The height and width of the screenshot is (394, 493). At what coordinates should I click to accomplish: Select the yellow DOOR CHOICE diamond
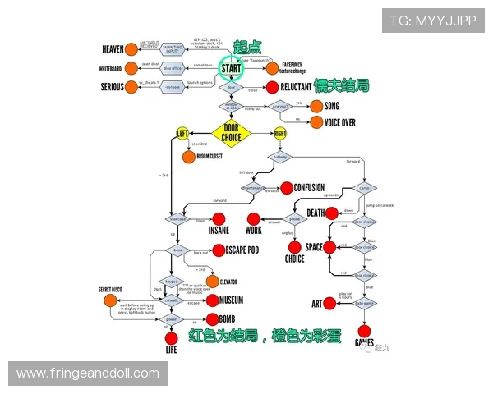pos(231,132)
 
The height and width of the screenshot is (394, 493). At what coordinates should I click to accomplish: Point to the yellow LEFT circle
pos(182,133)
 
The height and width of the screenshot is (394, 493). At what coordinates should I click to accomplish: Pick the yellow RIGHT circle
pos(280,133)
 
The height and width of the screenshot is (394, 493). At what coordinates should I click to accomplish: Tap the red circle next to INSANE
pos(219,218)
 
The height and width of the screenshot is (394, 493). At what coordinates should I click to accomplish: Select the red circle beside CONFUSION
pos(286,187)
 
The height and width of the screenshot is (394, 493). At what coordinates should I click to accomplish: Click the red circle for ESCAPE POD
pos(219,249)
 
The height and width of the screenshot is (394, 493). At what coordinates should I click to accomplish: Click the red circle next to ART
pos(329,304)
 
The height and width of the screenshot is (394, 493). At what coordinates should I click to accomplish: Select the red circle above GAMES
pos(364,331)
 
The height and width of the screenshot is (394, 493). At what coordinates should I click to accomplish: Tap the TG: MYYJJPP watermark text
pos(432,21)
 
